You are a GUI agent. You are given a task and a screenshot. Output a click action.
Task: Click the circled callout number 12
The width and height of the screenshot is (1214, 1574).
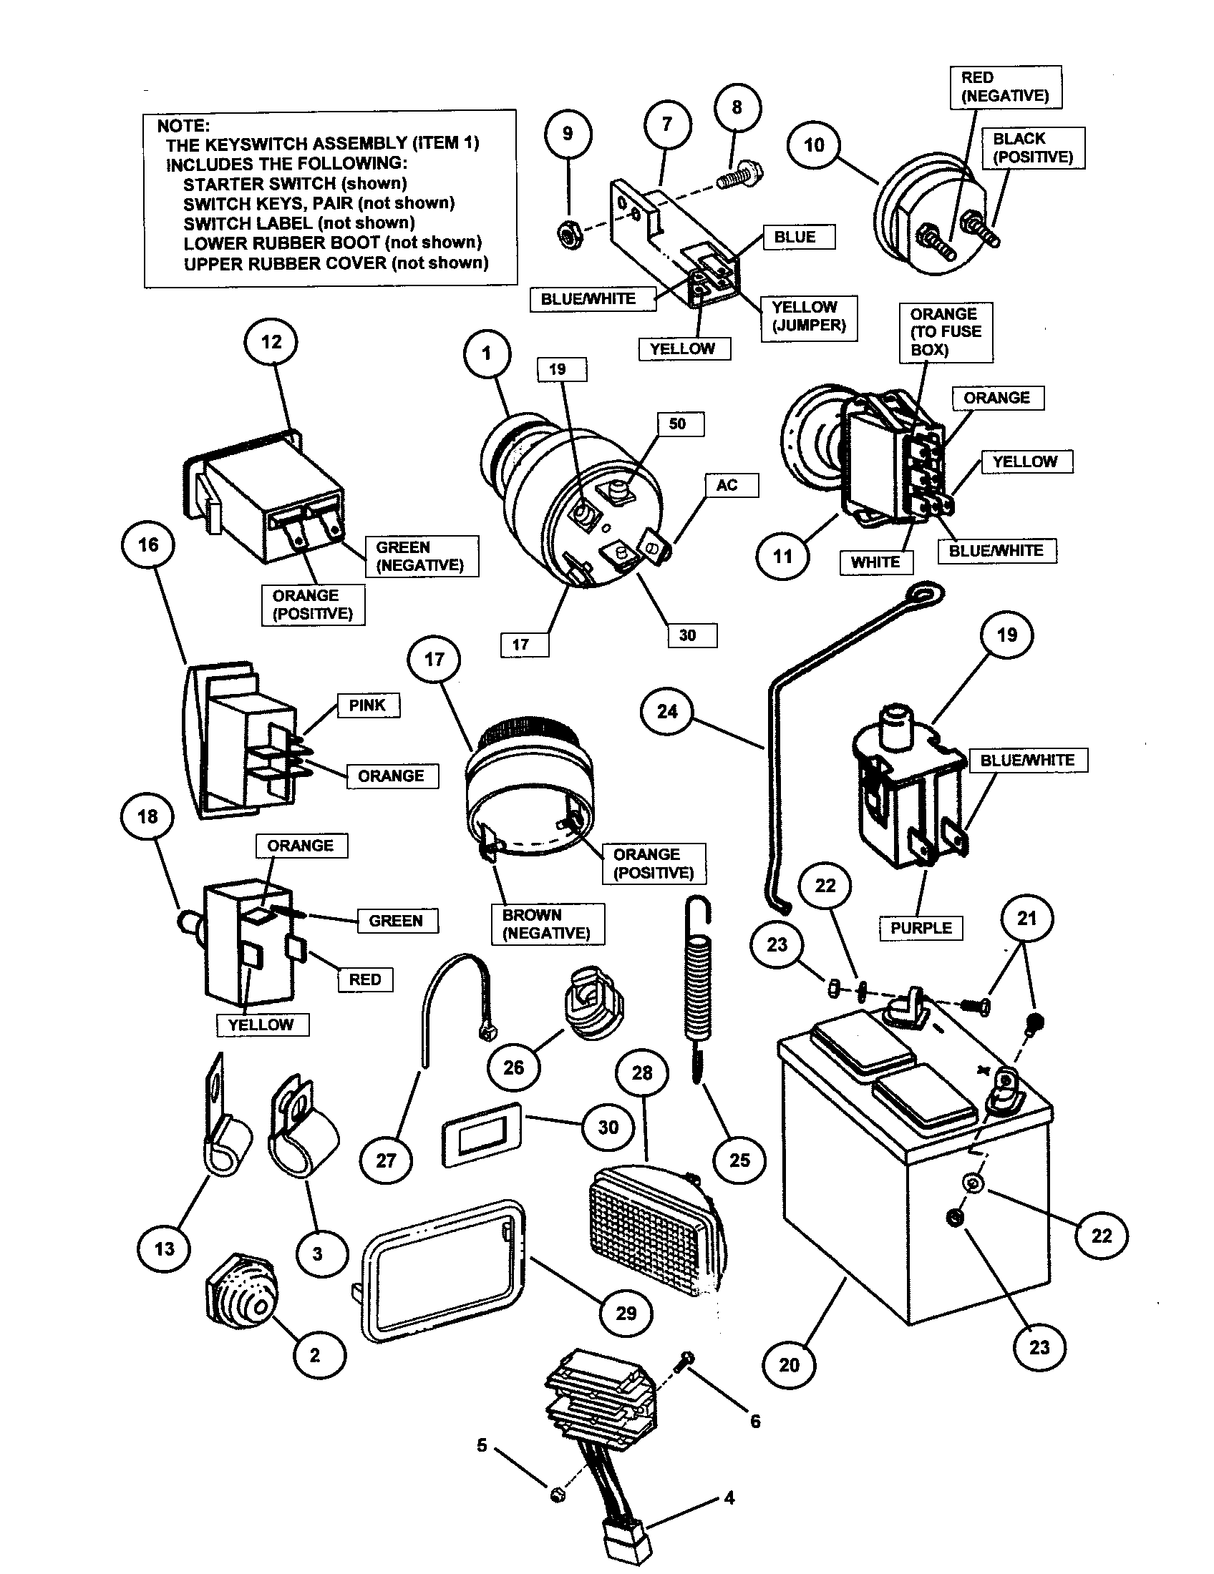[x=271, y=342]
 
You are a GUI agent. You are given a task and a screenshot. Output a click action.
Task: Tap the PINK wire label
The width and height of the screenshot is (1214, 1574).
[x=367, y=705]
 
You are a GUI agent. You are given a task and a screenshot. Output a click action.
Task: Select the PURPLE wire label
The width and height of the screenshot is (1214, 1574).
[x=921, y=928]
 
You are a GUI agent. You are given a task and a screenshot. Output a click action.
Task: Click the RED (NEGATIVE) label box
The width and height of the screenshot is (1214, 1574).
[x=1005, y=87]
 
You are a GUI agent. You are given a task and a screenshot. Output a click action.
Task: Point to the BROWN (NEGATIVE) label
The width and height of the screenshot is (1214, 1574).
[x=546, y=924]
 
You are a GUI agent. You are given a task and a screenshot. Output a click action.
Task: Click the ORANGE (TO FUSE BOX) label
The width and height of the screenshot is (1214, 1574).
[x=945, y=332]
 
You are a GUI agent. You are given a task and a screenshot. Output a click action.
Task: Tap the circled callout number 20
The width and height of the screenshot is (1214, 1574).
[x=789, y=1365]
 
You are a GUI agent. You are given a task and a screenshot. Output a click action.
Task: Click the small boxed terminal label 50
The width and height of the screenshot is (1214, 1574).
[x=678, y=424]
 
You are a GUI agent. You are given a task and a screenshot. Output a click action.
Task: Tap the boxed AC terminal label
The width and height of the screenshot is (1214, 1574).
[x=727, y=485]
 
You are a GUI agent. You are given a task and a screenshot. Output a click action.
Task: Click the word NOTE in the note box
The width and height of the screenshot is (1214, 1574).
[x=183, y=124]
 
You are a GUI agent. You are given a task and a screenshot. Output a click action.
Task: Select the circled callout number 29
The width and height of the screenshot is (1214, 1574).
[x=626, y=1313]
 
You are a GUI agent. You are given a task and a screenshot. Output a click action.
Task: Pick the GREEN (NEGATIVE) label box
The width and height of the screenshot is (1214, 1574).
[x=419, y=556]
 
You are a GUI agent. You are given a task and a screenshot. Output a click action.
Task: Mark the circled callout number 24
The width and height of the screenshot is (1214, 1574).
[x=667, y=712]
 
